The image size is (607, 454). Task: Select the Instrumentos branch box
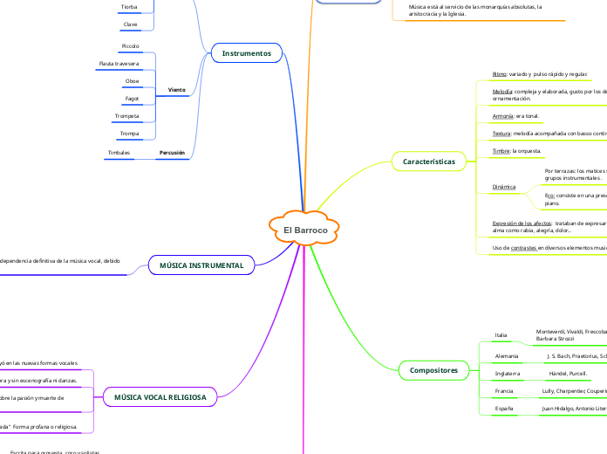tap(246, 53)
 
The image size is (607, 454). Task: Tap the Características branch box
tap(429, 162)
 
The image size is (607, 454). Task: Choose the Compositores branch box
tap(433, 370)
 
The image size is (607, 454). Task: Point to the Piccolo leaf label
tap(130, 45)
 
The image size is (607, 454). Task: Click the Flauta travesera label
tap(119, 63)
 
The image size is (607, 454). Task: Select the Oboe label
tap(132, 80)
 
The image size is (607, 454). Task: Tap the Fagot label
tap(132, 99)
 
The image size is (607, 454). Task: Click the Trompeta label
tap(127, 116)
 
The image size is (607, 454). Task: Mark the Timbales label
tap(119, 152)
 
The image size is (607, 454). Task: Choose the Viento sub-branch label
tap(176, 90)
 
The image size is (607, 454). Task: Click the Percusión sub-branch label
tap(172, 152)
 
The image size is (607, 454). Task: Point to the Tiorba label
tap(129, 6)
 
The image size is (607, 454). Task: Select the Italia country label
tap(501, 335)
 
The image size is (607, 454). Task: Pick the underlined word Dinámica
tap(504, 187)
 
